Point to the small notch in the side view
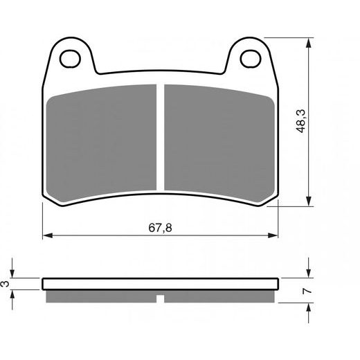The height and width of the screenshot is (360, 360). click(x=160, y=299)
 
